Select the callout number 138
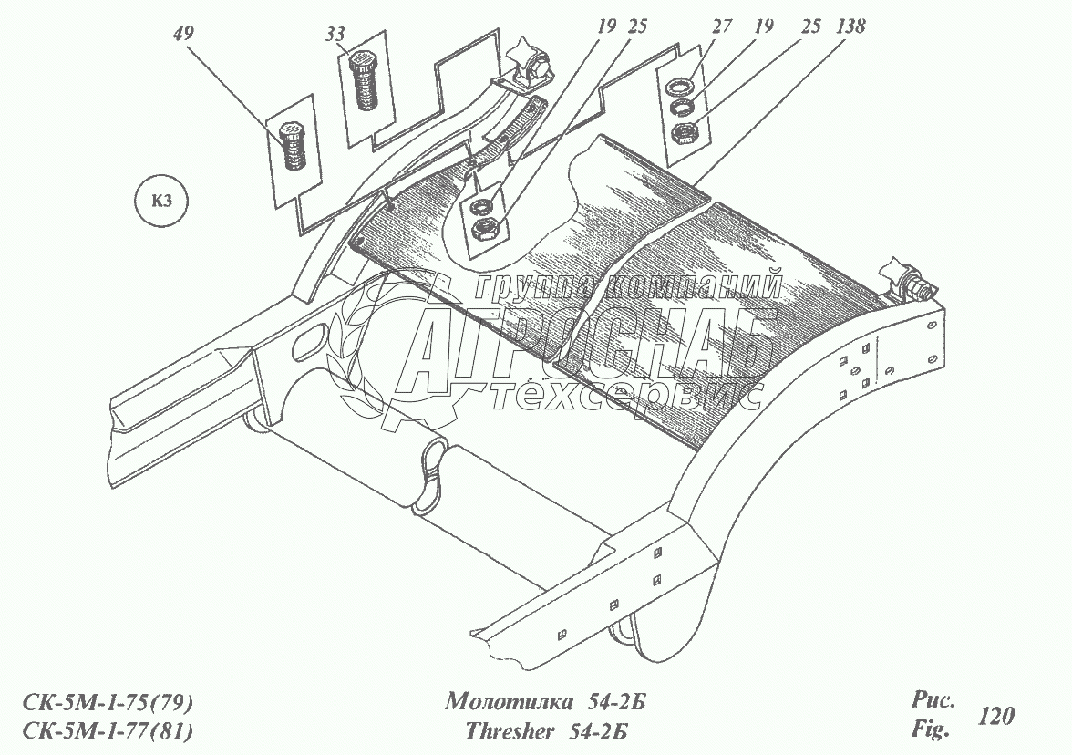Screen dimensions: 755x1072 pos(847,27)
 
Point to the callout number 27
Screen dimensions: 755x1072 pos(722,27)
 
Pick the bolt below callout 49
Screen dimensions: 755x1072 pos(292,146)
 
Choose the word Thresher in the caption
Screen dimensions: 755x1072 pos(510,730)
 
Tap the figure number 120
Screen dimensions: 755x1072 pos(995,717)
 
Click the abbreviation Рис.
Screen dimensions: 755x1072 pos(932,701)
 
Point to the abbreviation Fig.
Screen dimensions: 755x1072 pos(930,729)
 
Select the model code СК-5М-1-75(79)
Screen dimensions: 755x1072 pos(108,703)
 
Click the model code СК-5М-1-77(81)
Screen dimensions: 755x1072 pos(108,730)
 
